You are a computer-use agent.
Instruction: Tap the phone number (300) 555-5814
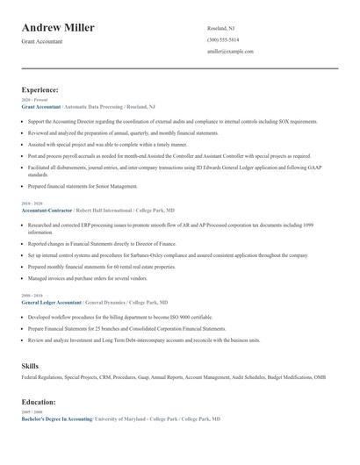click(222, 39)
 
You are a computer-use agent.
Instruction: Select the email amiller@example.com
click(230, 51)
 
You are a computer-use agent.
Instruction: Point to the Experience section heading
click(40, 89)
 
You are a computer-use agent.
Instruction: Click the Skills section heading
click(30, 364)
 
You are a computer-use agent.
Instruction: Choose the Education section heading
click(39, 402)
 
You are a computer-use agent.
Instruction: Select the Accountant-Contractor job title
click(47, 211)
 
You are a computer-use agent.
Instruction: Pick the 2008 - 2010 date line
click(32, 296)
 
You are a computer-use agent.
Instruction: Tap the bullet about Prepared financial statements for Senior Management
click(83, 186)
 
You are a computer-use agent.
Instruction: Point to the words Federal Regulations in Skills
click(40, 376)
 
